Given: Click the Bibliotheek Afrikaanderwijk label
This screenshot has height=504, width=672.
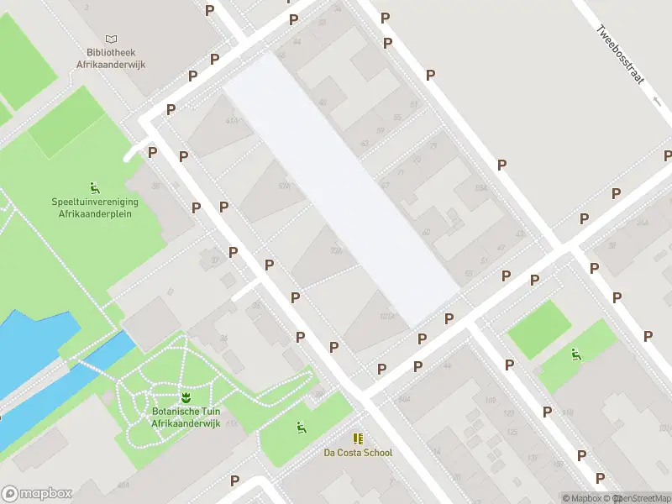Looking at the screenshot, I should coord(111,58).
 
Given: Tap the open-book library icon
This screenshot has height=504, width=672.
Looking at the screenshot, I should coord(111,39).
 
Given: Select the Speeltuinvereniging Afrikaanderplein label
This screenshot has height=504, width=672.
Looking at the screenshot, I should coord(95,207).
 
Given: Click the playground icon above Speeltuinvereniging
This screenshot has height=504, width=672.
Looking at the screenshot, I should coord(94,186).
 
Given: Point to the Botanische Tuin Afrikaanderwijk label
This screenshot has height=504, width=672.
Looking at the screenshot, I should coord(185,417).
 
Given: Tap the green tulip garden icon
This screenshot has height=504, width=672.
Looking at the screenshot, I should coord(185,396).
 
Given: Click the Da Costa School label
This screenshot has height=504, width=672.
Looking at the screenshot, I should coord(358,453).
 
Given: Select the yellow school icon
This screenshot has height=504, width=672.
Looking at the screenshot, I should coord(358,438).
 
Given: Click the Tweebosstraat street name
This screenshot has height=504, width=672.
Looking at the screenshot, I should coord(620,53).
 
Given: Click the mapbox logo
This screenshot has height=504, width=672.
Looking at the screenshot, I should coord(37,493).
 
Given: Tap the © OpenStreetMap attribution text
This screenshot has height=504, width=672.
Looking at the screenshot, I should coord(642,498).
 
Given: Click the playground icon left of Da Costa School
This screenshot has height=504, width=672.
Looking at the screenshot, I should coord(300,428).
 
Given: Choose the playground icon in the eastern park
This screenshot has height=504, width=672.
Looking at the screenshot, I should coord(575,354).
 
